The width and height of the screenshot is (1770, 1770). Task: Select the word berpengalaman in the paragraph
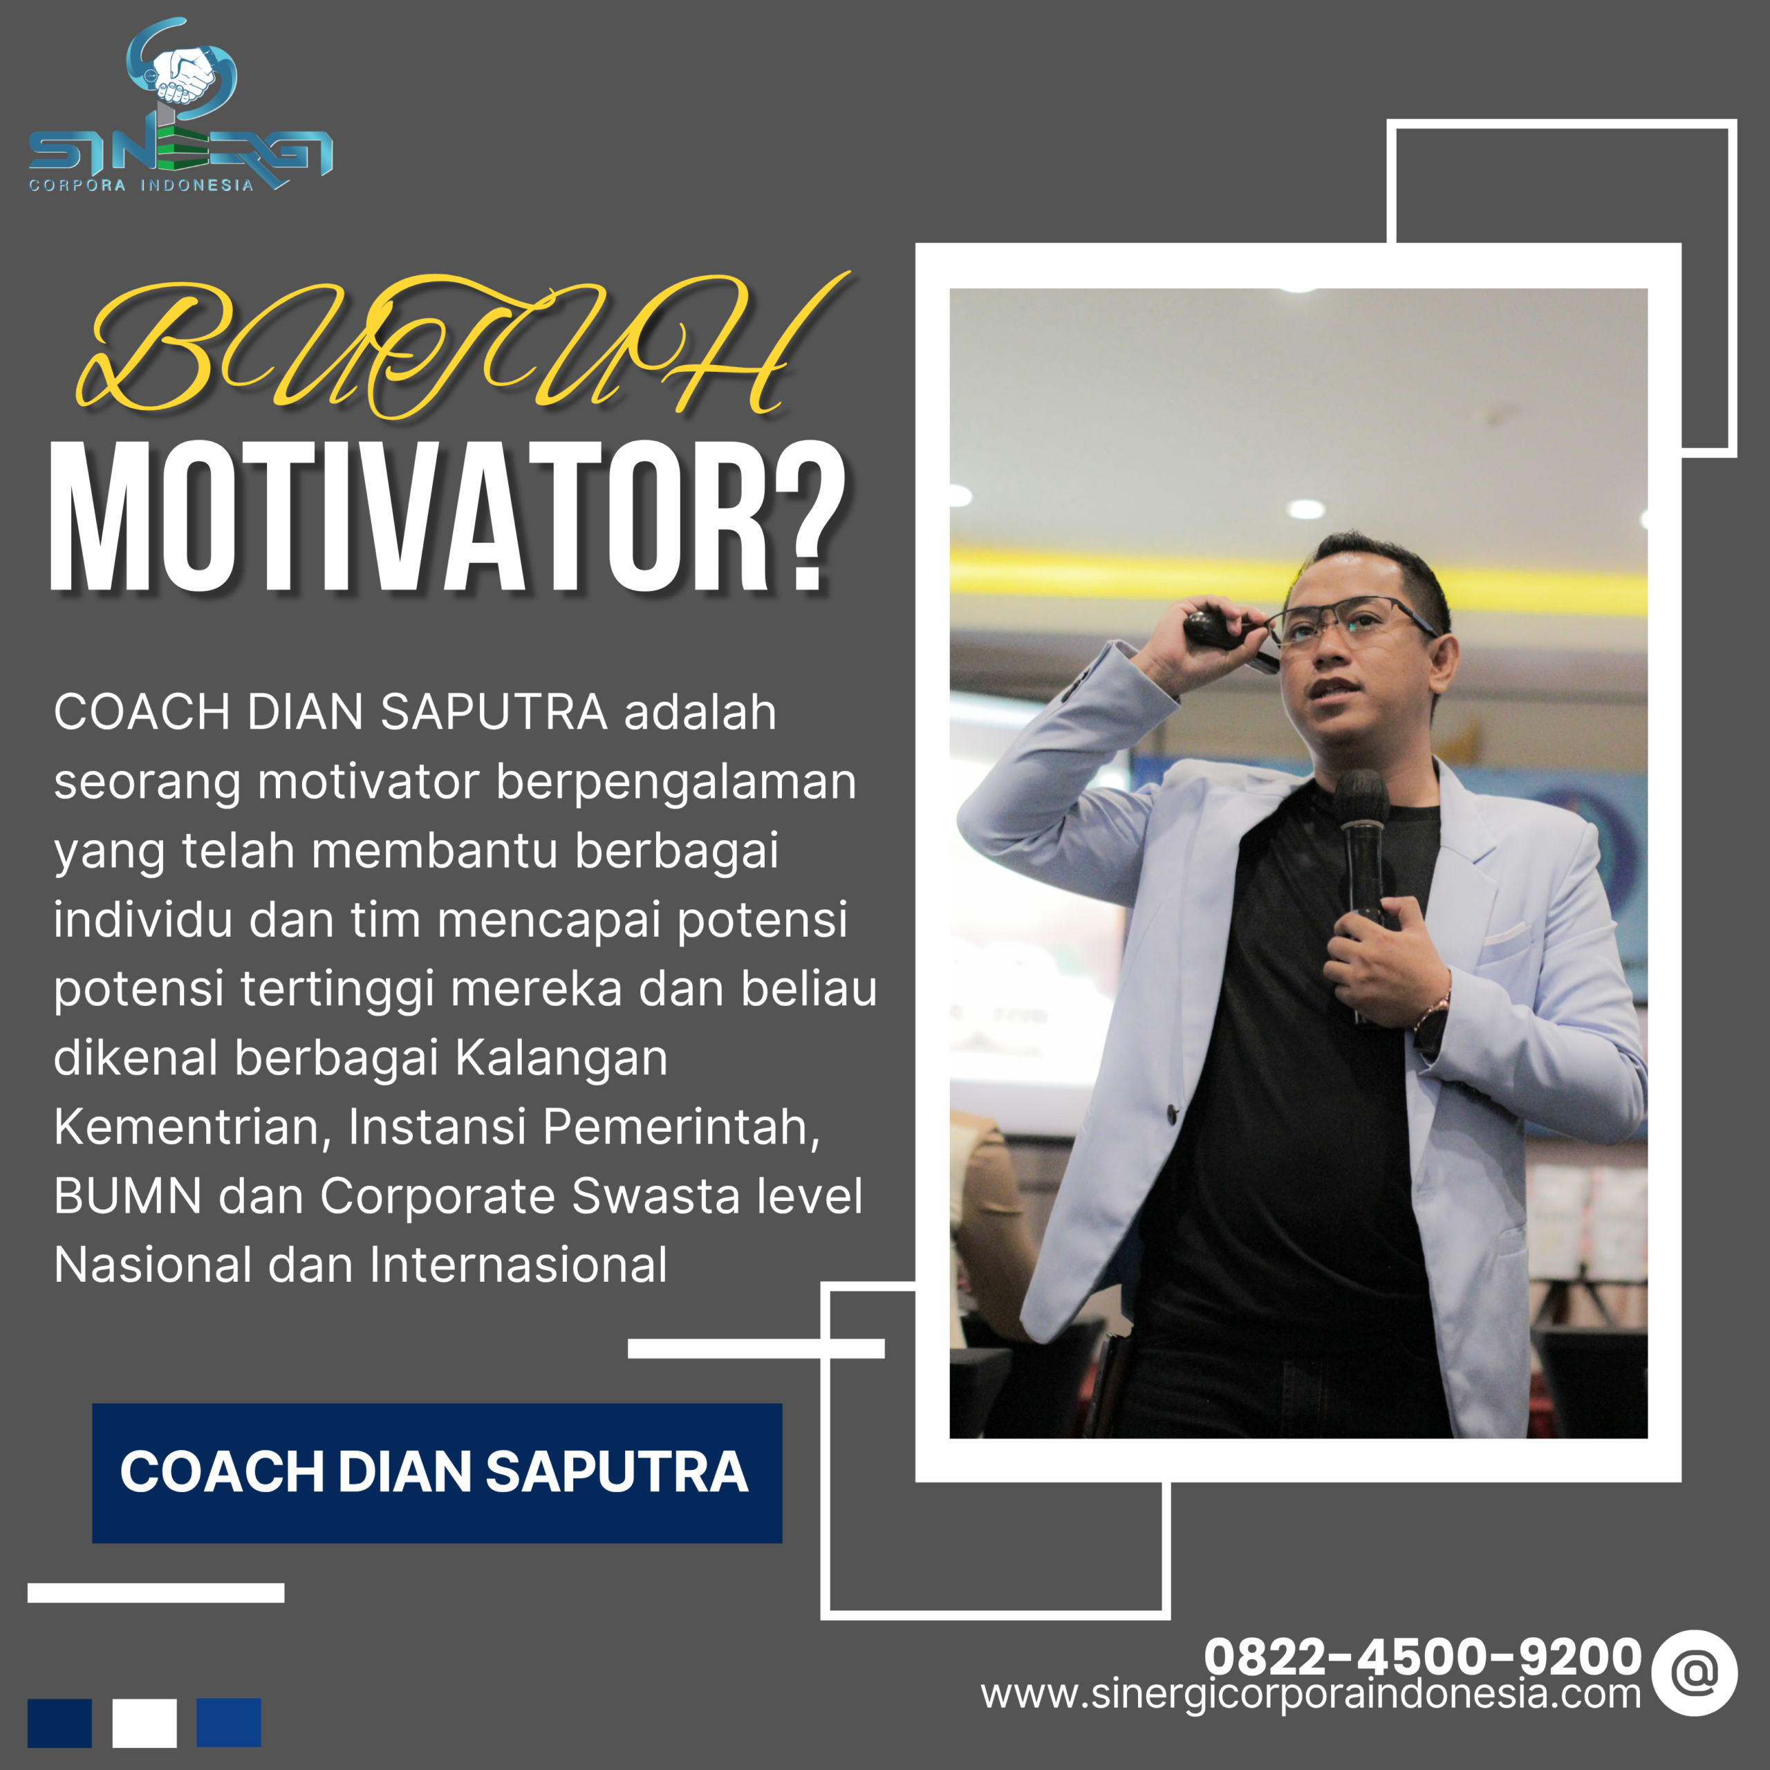click(676, 783)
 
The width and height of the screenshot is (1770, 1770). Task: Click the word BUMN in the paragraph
click(127, 1197)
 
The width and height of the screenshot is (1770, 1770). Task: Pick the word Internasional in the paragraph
click(518, 1265)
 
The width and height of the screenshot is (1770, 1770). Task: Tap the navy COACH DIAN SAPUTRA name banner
click(436, 1472)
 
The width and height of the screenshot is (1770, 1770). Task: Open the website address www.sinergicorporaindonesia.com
click(1310, 1694)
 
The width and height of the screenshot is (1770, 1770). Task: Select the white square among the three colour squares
click(145, 1723)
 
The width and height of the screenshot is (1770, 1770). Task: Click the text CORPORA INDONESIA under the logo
click(141, 185)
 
